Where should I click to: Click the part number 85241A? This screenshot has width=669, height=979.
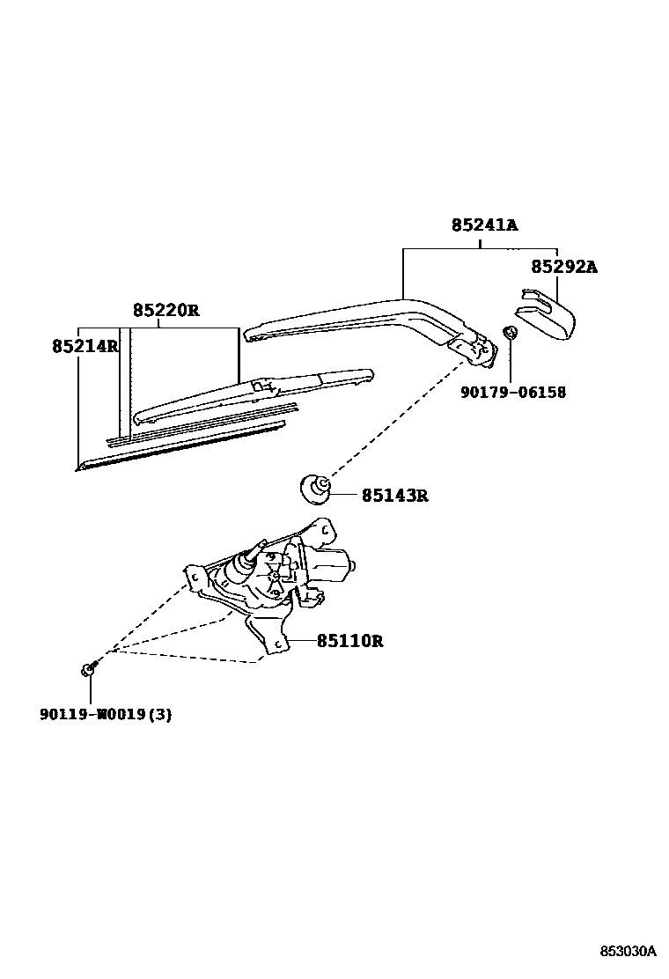coord(484,225)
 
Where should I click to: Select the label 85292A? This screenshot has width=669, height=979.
coord(563,266)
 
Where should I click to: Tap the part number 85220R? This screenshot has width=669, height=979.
coord(166,310)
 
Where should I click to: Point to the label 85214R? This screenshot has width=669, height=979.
coord(85,346)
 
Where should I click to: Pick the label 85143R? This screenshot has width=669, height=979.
coord(394,496)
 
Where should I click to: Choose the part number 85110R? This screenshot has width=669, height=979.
coord(349,641)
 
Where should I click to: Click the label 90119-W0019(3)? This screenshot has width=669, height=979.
coord(105,714)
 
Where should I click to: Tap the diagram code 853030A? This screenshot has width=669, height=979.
coord(628,952)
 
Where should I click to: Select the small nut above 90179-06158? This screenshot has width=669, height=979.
coord(508,334)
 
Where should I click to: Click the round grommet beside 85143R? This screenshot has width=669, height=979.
coord(315,487)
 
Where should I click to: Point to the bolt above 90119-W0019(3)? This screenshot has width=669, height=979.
coord(89,670)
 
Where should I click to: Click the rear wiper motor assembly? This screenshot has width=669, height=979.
coord(273,572)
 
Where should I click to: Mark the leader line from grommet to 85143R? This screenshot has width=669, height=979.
coord(343,495)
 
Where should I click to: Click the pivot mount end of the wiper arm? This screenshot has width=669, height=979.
coord(475,345)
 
